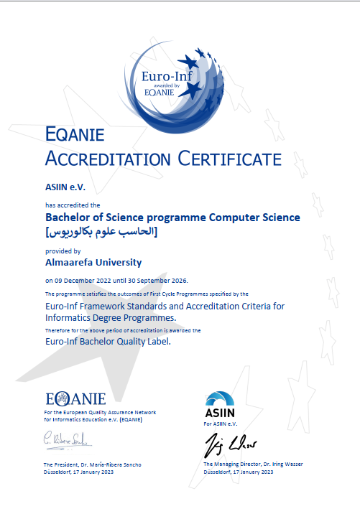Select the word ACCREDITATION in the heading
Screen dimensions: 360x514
[x=109, y=159]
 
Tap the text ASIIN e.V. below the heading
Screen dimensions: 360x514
[x=65, y=187]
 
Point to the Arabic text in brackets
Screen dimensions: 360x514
[x=101, y=232]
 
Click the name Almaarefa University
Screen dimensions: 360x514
[x=93, y=263]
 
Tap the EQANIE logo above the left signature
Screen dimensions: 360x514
[x=75, y=399]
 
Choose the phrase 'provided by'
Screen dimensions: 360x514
[x=63, y=251]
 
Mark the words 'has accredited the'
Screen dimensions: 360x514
[x=68, y=205]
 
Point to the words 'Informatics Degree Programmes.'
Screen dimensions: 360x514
[x=110, y=316]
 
